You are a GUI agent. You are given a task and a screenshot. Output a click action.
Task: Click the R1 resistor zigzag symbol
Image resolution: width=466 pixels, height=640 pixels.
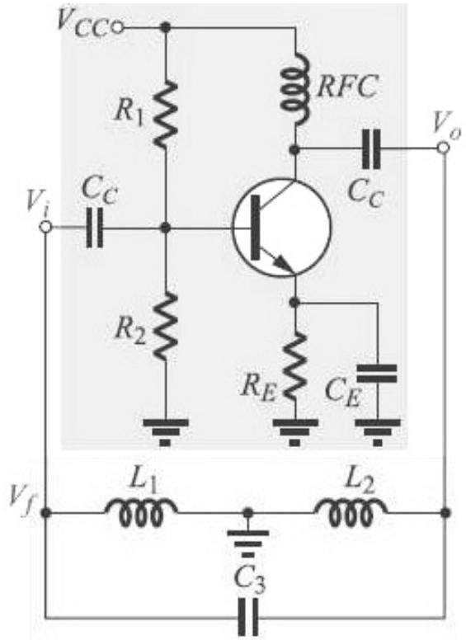pos(165,114)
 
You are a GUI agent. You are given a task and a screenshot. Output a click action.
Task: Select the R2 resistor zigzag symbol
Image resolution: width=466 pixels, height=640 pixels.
pos(165,327)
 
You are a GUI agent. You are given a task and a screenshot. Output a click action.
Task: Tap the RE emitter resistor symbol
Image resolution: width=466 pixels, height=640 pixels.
pos(294,365)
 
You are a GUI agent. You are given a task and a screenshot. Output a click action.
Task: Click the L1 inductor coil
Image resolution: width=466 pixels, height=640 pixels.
pos(141,511)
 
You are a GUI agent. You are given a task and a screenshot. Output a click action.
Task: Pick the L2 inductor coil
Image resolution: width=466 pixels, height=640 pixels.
pos(351,511)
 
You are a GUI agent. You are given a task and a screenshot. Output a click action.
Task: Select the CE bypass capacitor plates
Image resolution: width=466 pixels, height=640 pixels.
pos(377,374)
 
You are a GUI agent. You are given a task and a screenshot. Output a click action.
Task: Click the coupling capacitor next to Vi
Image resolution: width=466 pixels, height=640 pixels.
pos(95,228)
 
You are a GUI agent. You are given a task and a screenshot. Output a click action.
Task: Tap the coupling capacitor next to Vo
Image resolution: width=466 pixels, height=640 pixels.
pos(371,148)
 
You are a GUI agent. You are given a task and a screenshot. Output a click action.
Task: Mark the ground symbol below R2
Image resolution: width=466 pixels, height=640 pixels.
pos(165,433)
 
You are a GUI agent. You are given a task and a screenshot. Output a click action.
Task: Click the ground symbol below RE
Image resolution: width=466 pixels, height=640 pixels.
pos(294,433)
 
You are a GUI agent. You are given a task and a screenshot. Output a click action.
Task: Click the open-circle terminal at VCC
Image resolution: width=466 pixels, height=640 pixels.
pos(117,28)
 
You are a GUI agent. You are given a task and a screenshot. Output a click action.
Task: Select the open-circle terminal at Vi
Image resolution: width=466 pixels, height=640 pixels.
pos(45,227)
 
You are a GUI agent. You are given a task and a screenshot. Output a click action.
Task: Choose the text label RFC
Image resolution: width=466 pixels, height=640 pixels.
pos(346,87)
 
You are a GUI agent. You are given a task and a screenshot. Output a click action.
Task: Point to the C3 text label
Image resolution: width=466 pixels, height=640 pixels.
pos(249,579)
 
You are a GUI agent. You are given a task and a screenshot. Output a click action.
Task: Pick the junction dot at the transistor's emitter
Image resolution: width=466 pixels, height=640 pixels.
pos(294,303)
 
